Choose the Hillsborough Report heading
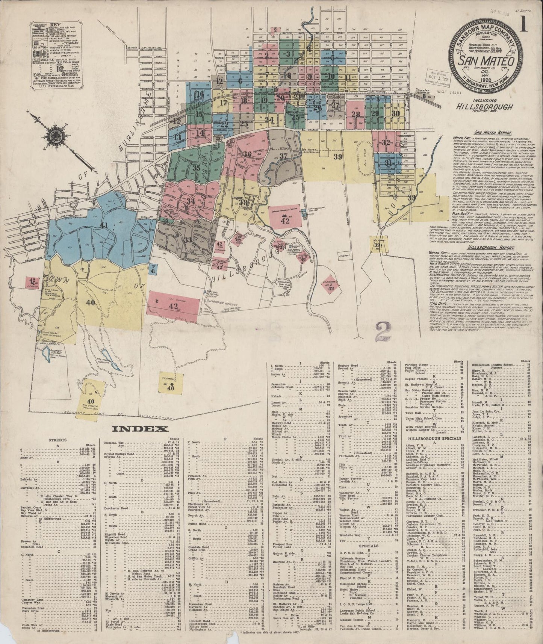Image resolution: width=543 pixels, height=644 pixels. (487, 248)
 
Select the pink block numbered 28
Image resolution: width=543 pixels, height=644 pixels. (355, 114)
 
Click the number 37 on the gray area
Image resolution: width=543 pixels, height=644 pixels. (283, 156)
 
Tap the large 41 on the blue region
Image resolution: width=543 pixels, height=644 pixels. (103, 225)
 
